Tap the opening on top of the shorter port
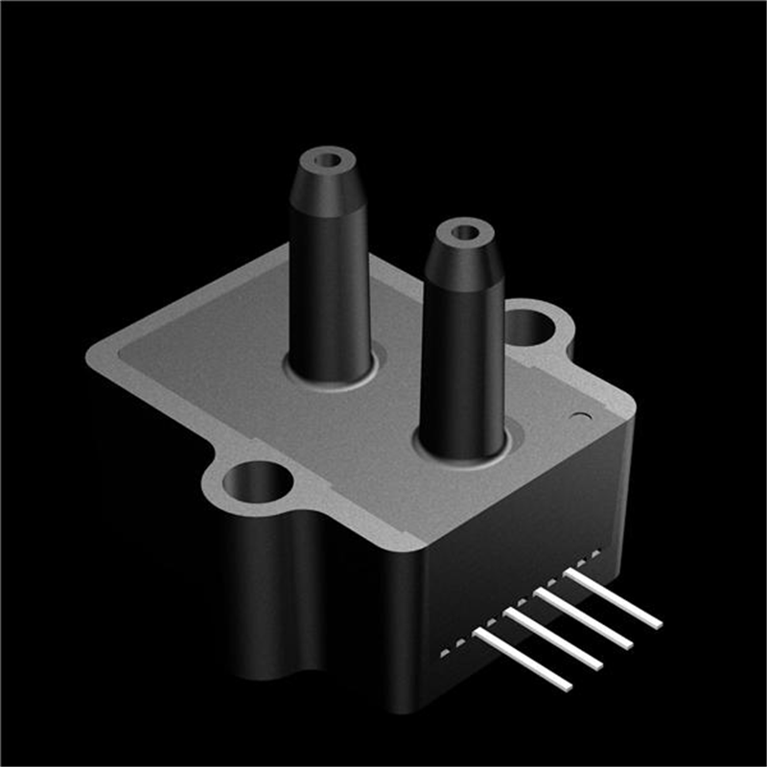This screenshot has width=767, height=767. click(464, 232)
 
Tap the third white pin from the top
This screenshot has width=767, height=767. click(553, 639)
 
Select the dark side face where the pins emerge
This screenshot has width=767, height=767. click(518, 537)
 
